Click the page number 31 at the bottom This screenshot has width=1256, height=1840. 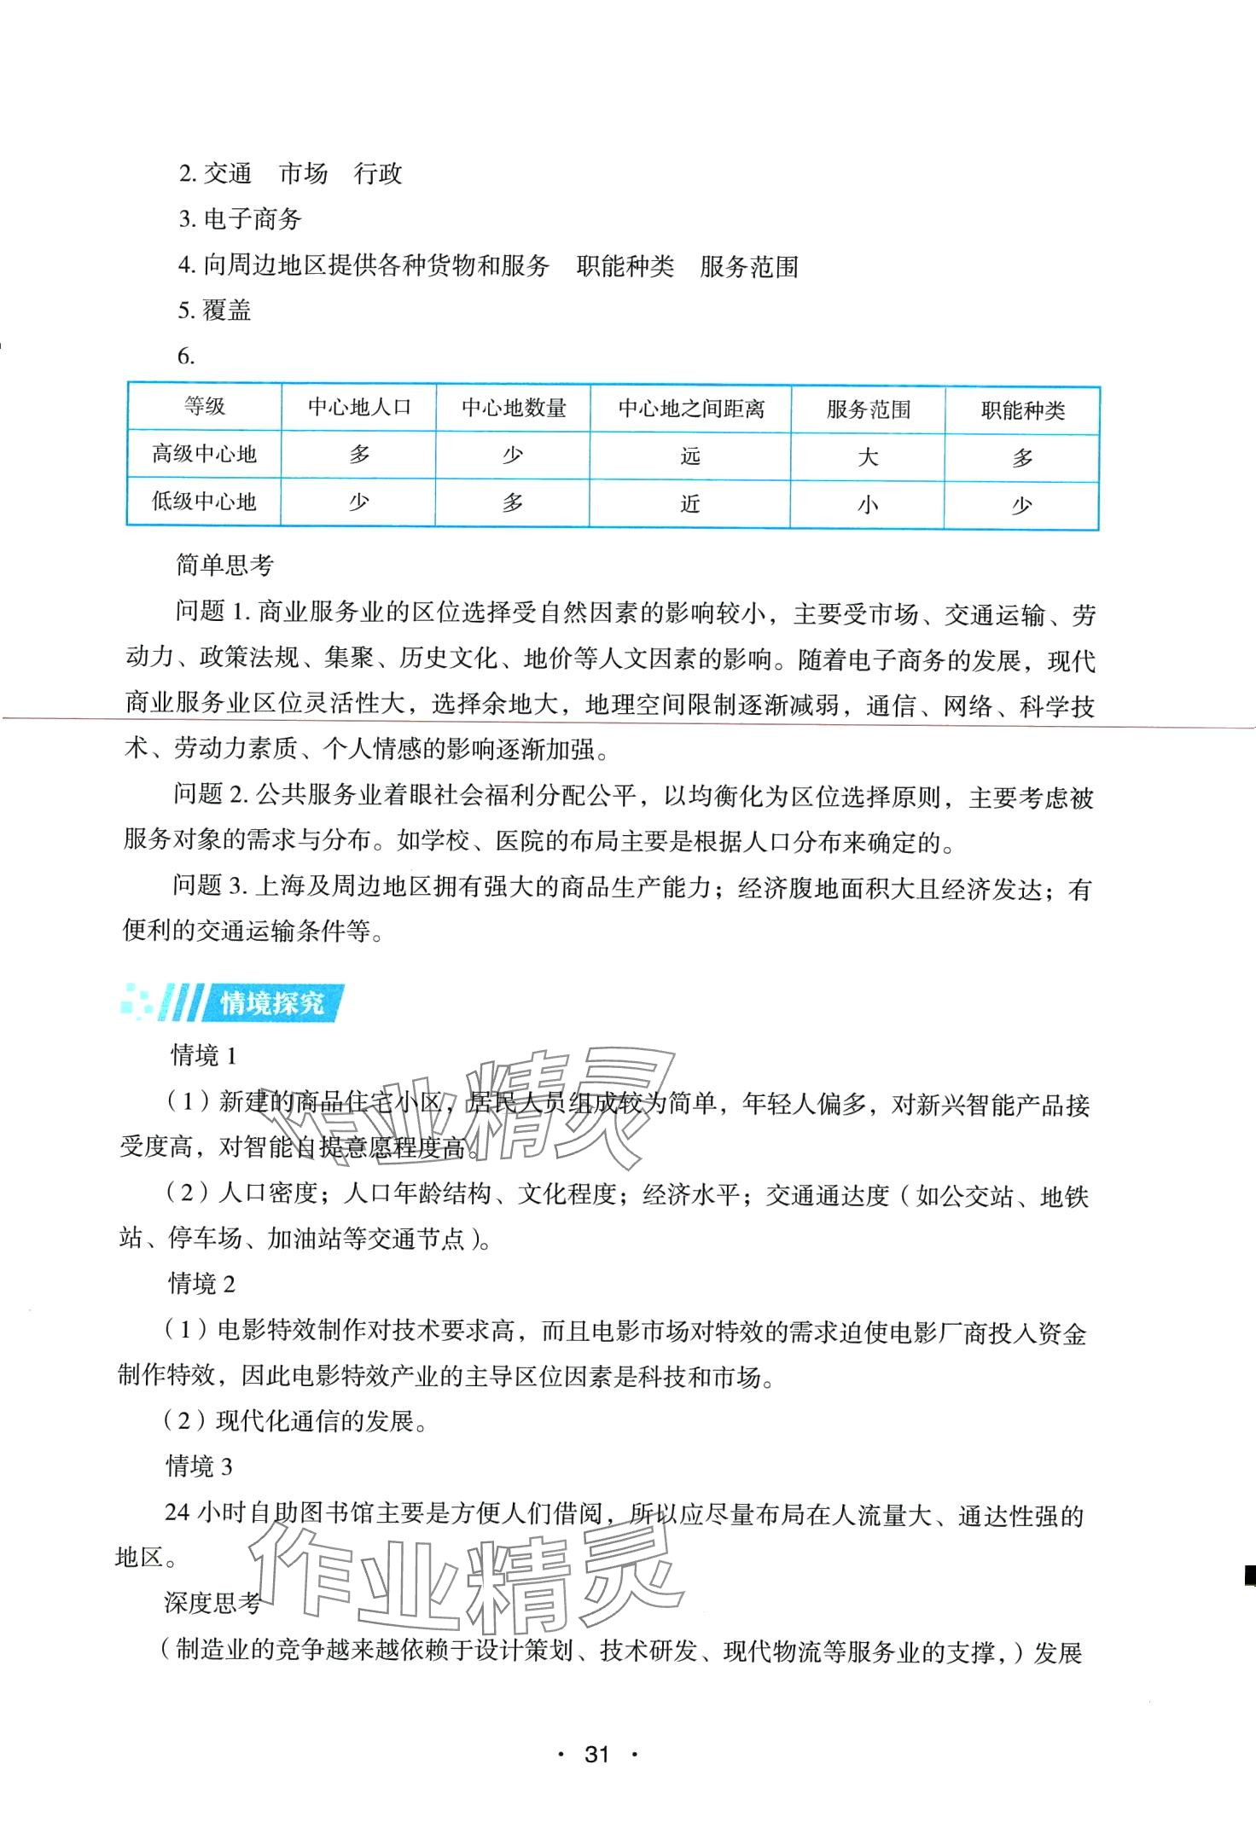tap(596, 1755)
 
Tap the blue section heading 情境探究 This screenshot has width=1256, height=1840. tap(272, 1002)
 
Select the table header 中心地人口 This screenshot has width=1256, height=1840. tap(359, 408)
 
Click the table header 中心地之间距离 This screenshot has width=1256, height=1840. tap(691, 409)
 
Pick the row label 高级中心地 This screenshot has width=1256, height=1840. tap(205, 454)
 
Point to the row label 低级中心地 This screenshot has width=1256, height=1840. tap(205, 502)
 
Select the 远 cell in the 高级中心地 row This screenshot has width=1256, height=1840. tap(690, 456)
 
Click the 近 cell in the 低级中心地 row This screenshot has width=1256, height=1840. tap(690, 504)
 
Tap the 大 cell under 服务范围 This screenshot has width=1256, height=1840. tap(868, 457)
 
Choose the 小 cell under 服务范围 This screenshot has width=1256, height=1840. tap(868, 505)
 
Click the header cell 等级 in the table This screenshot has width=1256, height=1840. tap(205, 406)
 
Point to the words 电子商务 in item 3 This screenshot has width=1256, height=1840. tap(253, 219)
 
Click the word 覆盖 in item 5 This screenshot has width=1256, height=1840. tap(227, 310)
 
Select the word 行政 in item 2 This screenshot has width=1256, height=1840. tap(378, 174)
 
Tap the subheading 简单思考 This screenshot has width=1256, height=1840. tap(224, 564)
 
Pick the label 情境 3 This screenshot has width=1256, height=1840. tap(199, 1466)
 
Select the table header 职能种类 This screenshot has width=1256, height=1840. tap(1022, 411)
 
